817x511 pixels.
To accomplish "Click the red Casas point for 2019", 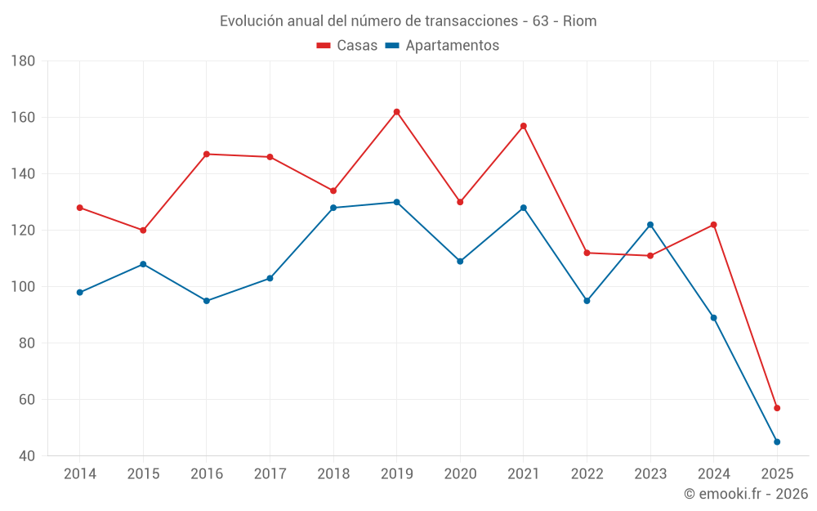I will point(396,112).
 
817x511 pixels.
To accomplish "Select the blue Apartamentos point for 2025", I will point(777,442).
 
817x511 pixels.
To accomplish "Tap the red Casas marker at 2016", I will point(207,154).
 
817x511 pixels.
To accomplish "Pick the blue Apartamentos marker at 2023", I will point(650,225).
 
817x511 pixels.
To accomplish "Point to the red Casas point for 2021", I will point(524,126).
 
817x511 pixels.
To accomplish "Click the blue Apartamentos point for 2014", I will point(80,293).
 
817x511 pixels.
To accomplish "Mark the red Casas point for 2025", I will point(777,408).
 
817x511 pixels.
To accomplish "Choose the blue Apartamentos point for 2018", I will point(333,208).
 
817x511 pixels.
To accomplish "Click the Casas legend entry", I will point(347,46).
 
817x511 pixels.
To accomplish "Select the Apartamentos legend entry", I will point(442,46).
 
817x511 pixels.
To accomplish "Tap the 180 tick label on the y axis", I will point(23,61).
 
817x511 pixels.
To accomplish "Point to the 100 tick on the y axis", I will point(23,287).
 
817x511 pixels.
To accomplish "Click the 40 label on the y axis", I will point(26,456).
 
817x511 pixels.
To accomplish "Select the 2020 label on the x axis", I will point(460,473).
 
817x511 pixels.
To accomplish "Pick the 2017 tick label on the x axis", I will point(270,473).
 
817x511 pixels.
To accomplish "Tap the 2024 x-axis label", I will point(713,473).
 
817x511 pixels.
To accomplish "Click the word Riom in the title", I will point(579,21).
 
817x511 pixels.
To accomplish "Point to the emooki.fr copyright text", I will point(745,494).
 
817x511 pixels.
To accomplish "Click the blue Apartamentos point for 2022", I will point(587,301).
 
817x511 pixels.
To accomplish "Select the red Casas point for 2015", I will point(143,231).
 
